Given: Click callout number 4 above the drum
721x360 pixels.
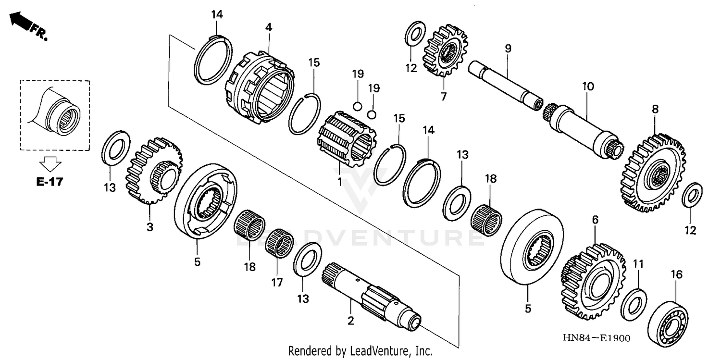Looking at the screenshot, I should [269, 28].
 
